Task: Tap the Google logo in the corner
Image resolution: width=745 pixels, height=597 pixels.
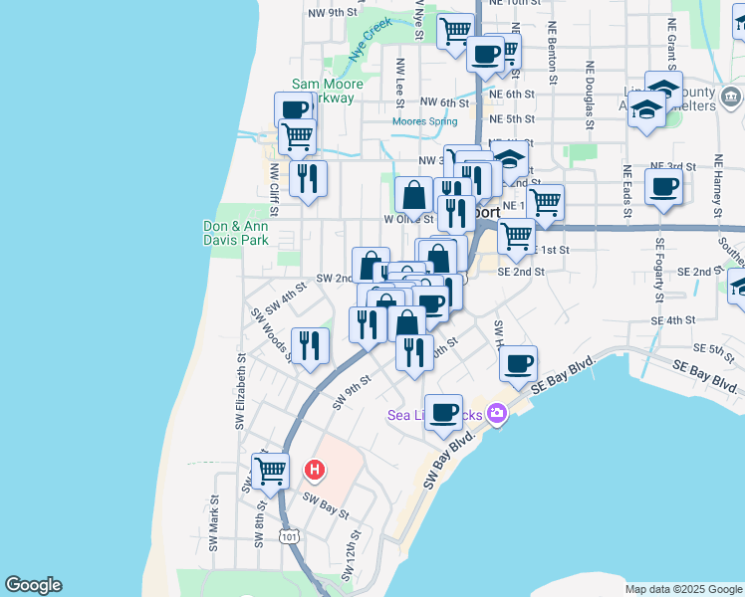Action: [33, 585]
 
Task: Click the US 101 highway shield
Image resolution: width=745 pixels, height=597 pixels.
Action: [289, 536]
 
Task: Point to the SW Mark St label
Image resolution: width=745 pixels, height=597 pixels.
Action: [213, 524]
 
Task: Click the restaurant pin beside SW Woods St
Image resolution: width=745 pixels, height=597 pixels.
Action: [310, 344]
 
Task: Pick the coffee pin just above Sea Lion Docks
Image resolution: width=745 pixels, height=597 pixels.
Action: [443, 410]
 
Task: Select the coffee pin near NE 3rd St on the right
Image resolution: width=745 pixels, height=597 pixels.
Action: [663, 185]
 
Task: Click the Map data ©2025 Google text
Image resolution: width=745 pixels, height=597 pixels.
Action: [682, 589]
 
